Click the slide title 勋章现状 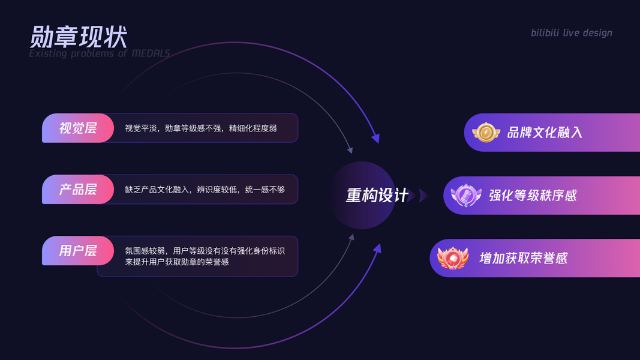78,37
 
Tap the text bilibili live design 571,32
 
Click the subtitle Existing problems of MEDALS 100,53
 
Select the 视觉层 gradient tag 77,128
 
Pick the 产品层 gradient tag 77,189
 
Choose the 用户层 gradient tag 77,250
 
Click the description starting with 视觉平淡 201,128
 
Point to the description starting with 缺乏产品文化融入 205,190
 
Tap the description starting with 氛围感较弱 205,256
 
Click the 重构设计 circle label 377,196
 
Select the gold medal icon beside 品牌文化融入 486,133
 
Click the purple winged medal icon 466,196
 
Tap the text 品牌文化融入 545,133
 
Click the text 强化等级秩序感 533,196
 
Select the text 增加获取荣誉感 523,259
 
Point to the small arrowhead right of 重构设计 423,196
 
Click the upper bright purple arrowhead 375,139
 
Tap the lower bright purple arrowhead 377,248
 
